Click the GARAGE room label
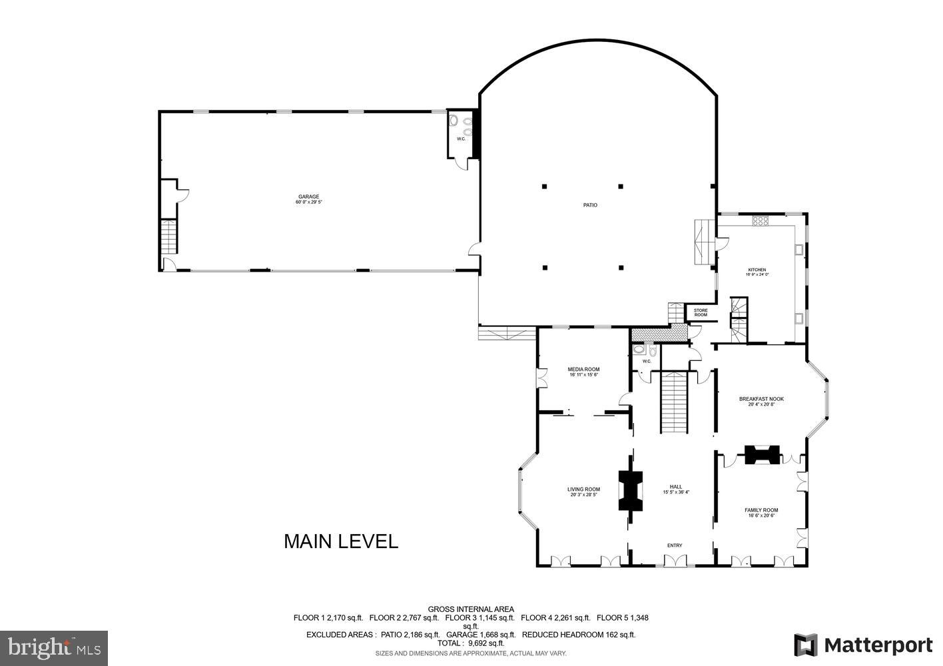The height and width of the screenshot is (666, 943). tap(309, 196)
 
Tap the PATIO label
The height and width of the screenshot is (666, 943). tap(590, 205)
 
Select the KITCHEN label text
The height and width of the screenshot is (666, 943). tap(757, 270)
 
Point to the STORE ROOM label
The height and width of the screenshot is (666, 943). tap(701, 312)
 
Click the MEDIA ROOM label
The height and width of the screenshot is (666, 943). tap(583, 369)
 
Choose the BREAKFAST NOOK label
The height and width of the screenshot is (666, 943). tap(761, 399)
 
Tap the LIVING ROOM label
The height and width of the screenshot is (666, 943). tap(583, 490)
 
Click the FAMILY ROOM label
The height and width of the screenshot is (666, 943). tap(761, 510)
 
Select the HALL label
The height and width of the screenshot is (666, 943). tap(676, 487)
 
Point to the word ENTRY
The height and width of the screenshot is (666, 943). tap(675, 545)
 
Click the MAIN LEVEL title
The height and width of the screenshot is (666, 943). tap(341, 541)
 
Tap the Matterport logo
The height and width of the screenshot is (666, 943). tap(863, 645)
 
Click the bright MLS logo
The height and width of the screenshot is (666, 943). tap(54, 647)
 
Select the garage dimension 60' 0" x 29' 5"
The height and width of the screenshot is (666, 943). tap(309, 202)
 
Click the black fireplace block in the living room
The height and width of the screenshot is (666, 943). tap(630, 490)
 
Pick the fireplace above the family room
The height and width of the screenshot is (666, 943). tap(761, 455)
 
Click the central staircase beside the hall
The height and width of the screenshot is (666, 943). tap(673, 402)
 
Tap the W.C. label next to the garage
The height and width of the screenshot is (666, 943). tap(461, 139)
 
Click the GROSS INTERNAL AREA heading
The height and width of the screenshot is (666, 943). tap(471, 609)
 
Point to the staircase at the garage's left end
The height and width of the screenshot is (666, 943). tap(169, 236)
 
